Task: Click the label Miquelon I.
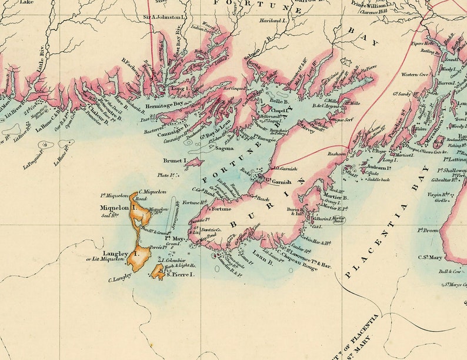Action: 118,208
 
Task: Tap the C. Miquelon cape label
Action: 152,192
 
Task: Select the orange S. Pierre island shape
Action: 157,271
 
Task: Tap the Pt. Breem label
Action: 428,231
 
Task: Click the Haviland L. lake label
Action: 274,36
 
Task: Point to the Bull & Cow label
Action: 449,271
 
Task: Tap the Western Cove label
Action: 415,75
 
